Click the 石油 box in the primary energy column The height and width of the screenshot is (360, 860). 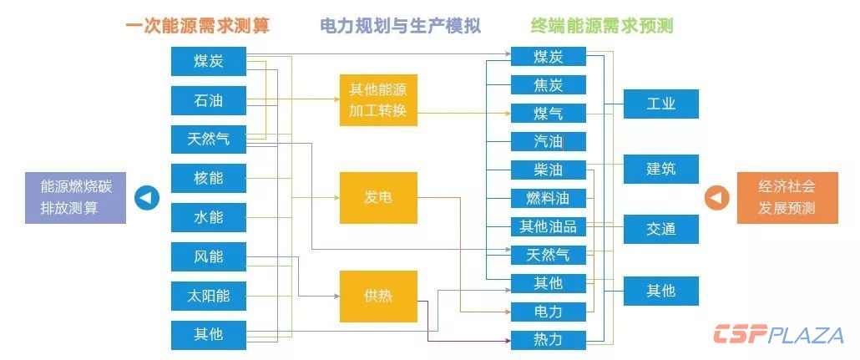coord(208,100)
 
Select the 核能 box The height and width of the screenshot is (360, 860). coord(208,178)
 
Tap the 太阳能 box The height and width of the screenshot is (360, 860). coord(208,296)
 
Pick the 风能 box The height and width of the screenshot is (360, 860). coord(208,256)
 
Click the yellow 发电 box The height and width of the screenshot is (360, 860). coord(377,198)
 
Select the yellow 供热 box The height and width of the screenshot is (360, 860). coord(377,296)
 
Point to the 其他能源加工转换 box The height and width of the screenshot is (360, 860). coord(377,99)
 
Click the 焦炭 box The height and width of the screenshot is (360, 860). coord(548,84)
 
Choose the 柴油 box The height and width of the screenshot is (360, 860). coord(548,170)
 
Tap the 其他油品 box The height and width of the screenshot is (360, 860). coord(548,226)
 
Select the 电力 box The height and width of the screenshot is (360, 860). coord(548,312)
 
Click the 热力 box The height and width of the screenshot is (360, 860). coord(548,339)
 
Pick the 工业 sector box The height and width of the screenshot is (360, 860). coord(660,104)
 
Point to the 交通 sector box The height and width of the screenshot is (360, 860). coord(660,229)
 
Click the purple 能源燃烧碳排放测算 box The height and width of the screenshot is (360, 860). coord(75,198)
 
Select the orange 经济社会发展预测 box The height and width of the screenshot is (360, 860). coord(787,198)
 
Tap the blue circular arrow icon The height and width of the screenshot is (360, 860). coord(147,198)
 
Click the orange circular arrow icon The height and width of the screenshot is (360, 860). coord(716,198)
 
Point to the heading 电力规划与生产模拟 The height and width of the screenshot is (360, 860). coord(401,26)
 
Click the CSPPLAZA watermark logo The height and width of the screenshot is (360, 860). coord(778,335)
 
